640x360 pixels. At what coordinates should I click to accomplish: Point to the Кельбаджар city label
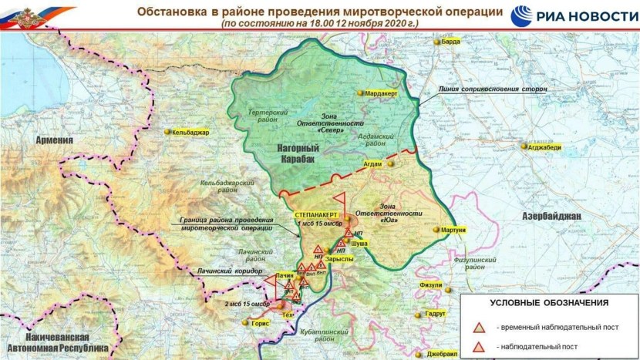click(191, 133)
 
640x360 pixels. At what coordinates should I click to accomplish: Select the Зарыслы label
click(339, 260)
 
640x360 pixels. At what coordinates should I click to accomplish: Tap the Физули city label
click(430, 286)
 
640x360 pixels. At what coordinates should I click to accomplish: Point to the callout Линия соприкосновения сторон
click(493, 89)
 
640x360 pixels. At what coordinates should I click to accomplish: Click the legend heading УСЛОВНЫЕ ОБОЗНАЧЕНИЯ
click(549, 303)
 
